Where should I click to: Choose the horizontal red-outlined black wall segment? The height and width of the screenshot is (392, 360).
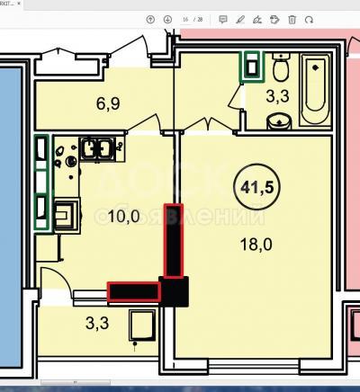click(x=134, y=291)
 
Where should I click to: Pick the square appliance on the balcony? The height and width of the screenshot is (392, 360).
click(x=141, y=325)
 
